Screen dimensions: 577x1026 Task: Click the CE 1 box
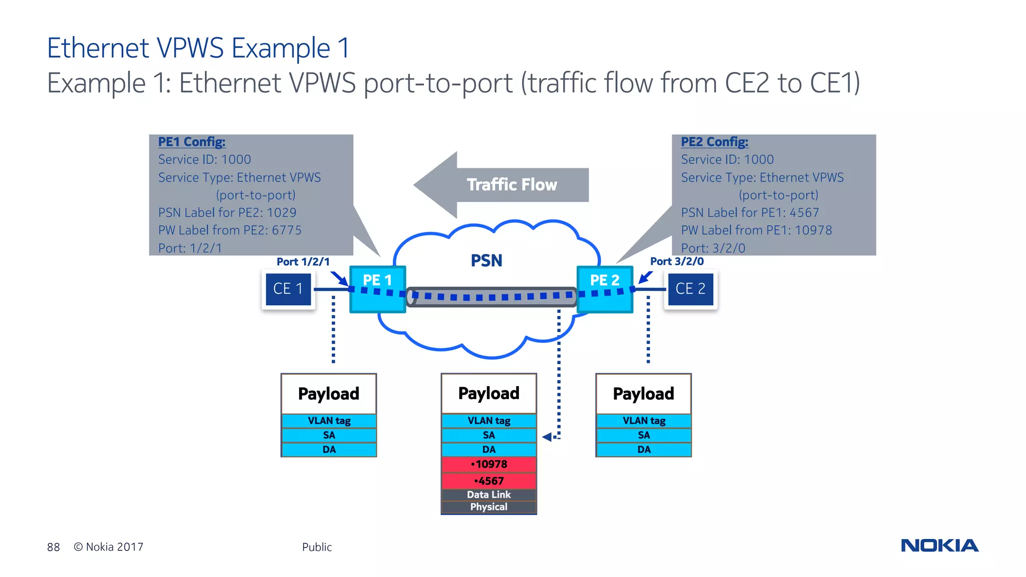pos(288,289)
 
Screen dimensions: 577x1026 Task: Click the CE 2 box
pos(690,289)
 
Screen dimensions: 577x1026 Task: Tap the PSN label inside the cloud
pos(486,260)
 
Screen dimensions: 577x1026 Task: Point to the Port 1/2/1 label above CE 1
pos(303,261)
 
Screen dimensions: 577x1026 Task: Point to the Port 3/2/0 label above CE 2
pos(677,261)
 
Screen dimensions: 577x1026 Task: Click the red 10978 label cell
pos(489,464)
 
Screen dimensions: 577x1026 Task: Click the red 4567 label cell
pos(489,481)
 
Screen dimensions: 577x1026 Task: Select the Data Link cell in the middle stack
pos(489,494)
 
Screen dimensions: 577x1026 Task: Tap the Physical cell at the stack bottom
pos(489,507)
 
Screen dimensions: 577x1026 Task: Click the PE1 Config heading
pos(192,142)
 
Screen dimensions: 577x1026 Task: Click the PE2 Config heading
pos(714,142)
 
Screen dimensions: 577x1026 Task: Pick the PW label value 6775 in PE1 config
pos(287,230)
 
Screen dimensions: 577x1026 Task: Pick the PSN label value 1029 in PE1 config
pos(282,213)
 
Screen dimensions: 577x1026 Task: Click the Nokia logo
pos(939,545)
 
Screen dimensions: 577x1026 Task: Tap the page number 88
pos(53,547)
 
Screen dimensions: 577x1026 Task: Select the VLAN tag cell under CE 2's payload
pos(644,421)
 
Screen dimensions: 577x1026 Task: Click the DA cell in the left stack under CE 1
pos(329,450)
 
